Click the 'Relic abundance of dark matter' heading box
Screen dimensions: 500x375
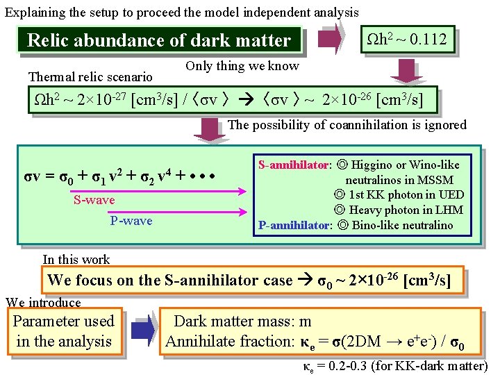159,40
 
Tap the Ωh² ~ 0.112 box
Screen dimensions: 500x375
406,38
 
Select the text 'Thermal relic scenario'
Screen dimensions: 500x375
90,76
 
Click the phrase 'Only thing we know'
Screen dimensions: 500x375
242,66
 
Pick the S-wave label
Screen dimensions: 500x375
94,201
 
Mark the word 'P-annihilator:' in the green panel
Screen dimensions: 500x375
294,224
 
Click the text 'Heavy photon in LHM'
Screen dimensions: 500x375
399,210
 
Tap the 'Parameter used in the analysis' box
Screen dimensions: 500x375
63,331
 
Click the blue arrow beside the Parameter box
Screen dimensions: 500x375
144,331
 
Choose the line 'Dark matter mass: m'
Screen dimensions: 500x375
242,321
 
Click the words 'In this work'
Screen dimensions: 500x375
76,260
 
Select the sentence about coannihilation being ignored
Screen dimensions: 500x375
347,125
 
